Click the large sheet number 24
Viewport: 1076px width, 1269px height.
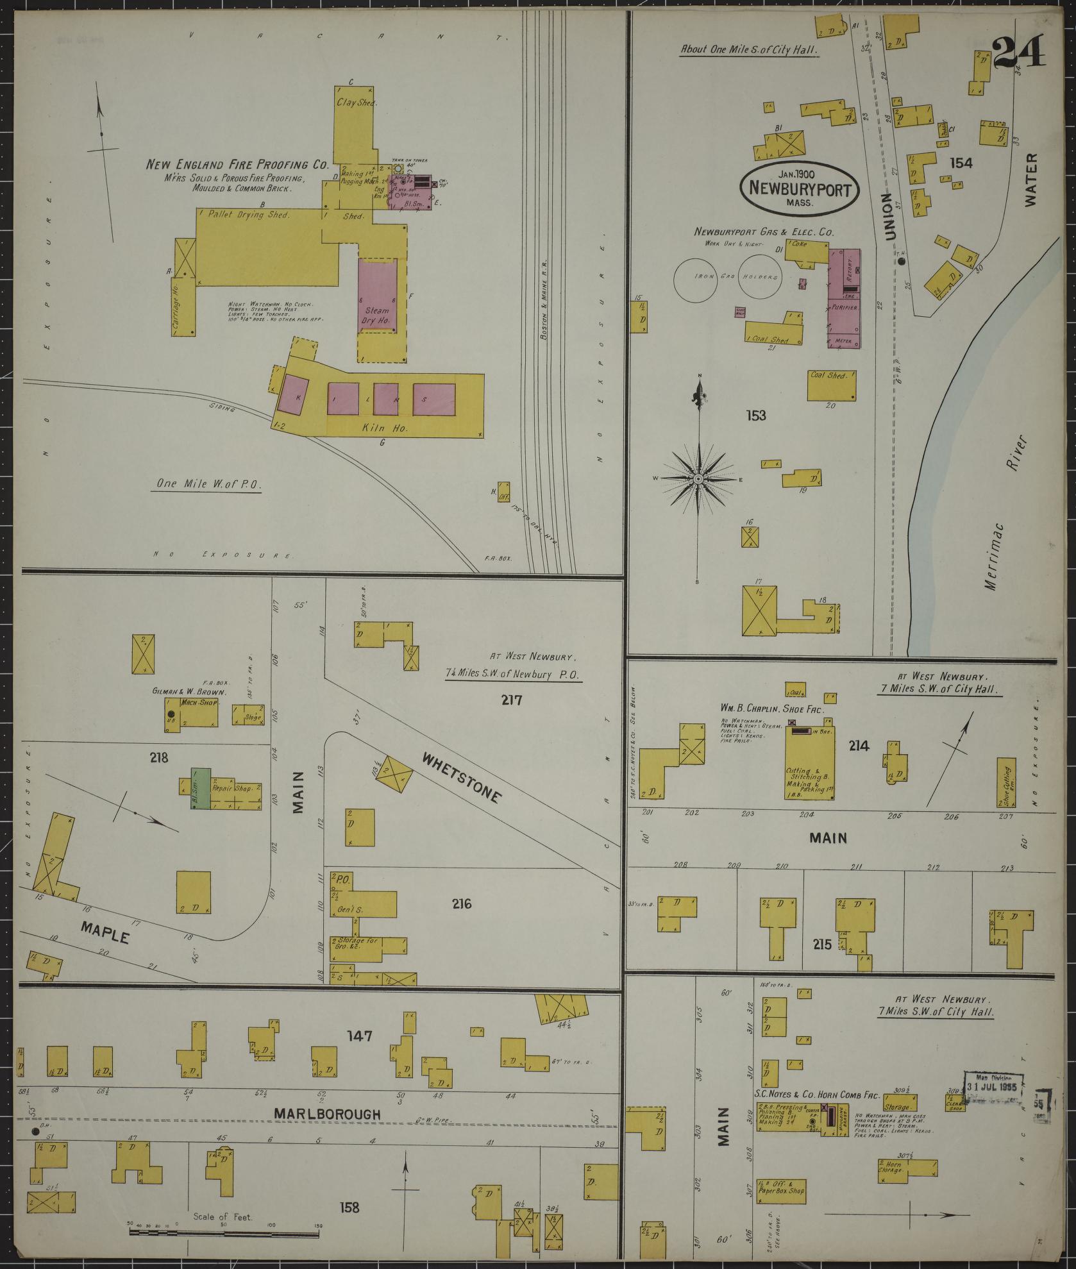(x=1019, y=52)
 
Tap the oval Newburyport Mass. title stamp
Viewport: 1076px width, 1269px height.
(x=798, y=187)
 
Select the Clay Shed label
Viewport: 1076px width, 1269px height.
(x=356, y=102)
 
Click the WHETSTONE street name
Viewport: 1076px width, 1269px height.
(x=460, y=778)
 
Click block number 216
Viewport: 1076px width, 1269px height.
(x=461, y=905)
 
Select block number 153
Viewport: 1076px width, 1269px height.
(x=756, y=416)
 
